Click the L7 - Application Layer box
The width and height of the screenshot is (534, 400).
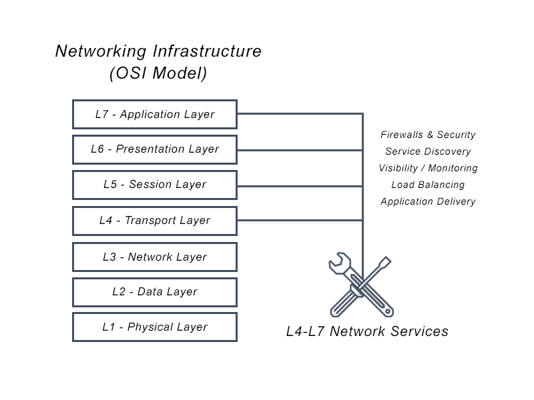tap(154, 114)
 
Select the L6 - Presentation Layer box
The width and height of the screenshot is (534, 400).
tap(154, 149)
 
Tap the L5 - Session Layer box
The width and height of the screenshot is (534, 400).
tap(154, 185)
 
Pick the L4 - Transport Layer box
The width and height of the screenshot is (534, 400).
tap(154, 221)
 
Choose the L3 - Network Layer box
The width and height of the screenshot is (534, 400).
tap(154, 257)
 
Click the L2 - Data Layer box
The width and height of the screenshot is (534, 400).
tap(154, 292)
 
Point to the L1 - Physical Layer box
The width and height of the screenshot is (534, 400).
tap(154, 327)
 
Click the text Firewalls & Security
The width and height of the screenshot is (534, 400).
tap(428, 135)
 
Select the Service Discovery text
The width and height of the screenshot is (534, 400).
tap(428, 151)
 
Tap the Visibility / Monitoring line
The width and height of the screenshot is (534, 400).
tap(428, 168)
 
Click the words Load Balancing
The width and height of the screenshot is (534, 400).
tap(428, 185)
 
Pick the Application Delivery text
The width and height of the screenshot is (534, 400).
tap(428, 201)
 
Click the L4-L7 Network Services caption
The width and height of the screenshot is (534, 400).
tap(367, 331)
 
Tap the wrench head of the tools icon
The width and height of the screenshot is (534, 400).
tap(338, 263)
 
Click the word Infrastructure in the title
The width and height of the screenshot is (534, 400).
tap(207, 51)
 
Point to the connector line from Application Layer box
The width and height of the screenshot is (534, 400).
tap(300, 114)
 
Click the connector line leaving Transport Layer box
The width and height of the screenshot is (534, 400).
tap(300, 220)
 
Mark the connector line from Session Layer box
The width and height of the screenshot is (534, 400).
tap(300, 185)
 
